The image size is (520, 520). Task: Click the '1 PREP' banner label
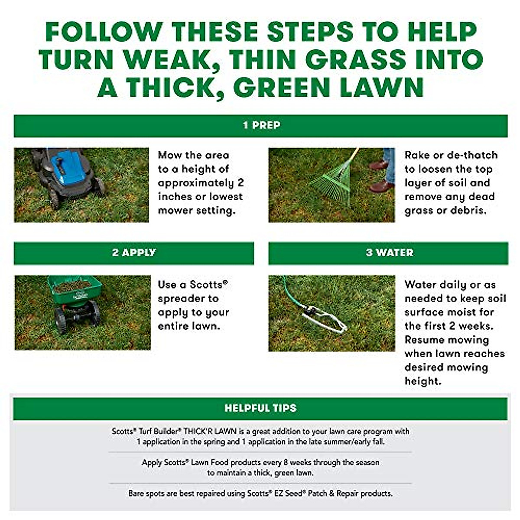261,126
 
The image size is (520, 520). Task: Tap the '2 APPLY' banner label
133,253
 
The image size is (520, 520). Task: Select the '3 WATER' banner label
389,253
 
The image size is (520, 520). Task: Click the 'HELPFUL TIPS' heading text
260,408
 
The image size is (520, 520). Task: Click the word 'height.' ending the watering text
422,381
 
